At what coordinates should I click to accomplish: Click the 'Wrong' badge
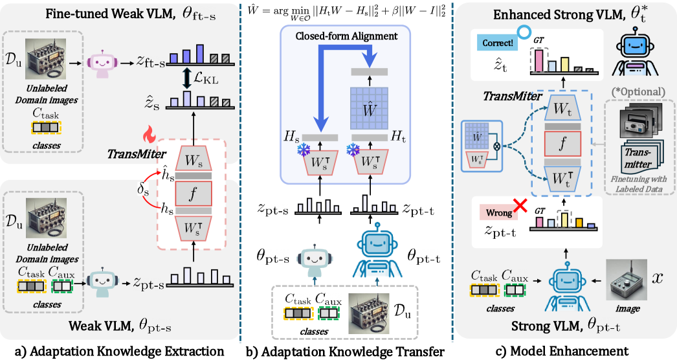[497, 212]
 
